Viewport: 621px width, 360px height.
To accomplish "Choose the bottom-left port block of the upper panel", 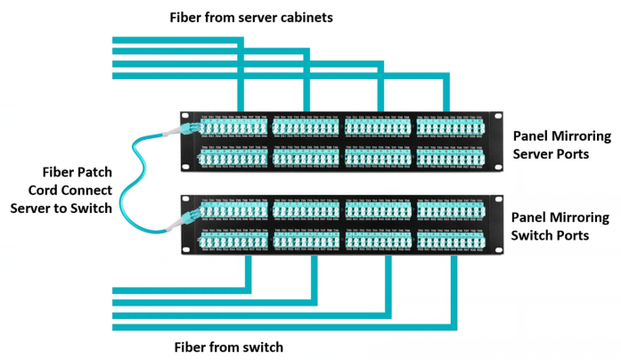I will tap(233, 157).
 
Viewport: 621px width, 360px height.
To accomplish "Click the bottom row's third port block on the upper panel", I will tap(378, 157).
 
